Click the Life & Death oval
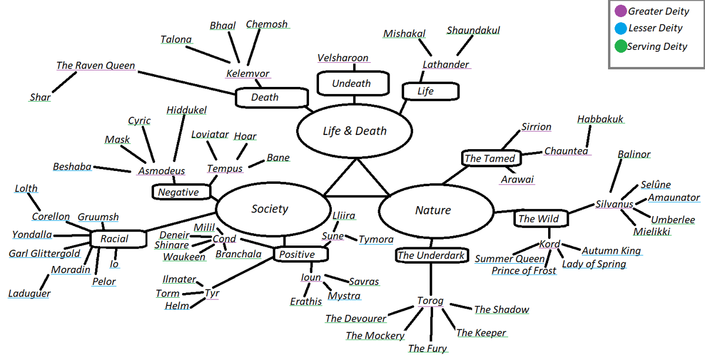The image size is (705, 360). tap(355, 131)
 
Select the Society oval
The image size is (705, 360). tap(270, 209)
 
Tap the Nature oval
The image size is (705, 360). tap(433, 210)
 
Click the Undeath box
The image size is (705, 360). tap(351, 83)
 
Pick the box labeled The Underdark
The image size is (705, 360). tap(432, 255)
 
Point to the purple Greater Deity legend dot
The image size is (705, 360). tap(620, 11)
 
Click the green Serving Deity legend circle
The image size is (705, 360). tap(620, 46)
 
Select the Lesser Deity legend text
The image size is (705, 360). tap(655, 28)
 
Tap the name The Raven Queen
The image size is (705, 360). tap(96, 66)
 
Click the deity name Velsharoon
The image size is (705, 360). tap(343, 58)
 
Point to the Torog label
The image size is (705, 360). tap(430, 301)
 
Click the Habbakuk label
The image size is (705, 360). tap(600, 119)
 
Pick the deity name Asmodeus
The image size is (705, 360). tap(162, 171)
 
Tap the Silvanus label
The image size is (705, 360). tap(614, 204)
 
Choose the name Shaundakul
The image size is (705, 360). tap(473, 30)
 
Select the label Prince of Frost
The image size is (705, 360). tap(524, 271)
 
